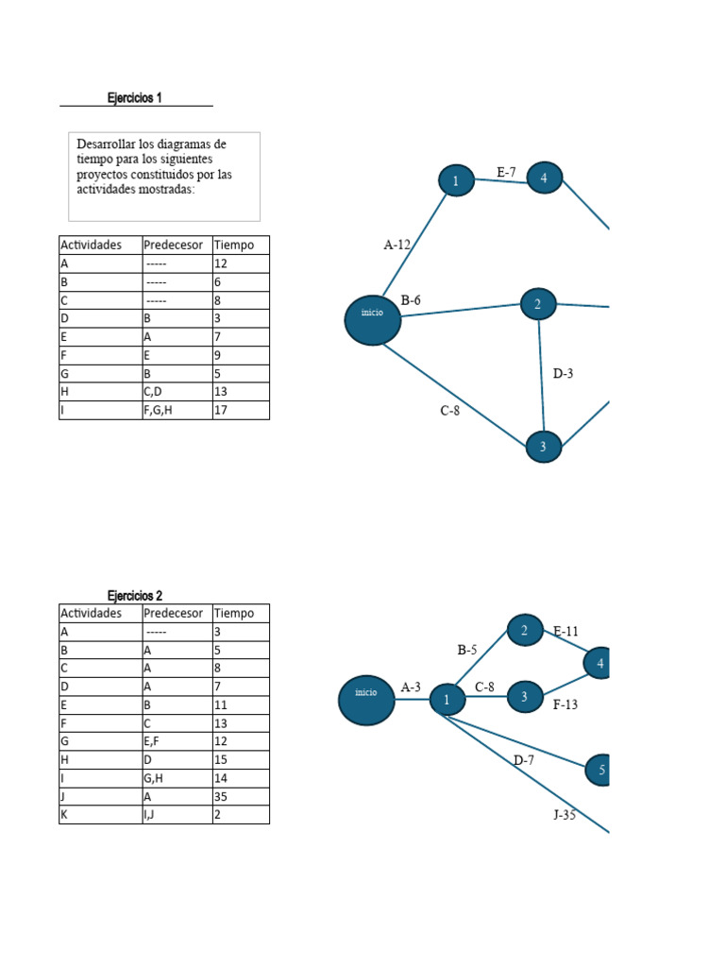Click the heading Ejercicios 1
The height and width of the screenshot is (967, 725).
(134, 97)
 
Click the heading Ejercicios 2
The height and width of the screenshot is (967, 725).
(134, 595)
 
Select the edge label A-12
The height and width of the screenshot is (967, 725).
(397, 245)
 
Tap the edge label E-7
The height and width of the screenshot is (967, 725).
(506, 172)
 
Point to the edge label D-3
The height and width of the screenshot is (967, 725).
(563, 373)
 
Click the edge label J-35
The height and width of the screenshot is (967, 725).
(565, 815)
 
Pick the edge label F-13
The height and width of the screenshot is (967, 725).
(565, 704)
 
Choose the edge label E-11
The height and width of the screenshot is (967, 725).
(566, 631)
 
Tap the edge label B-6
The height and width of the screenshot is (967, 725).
(411, 300)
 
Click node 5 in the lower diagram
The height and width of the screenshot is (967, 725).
(598, 770)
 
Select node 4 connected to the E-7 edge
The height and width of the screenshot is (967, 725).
(544, 178)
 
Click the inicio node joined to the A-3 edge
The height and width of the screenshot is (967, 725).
(366, 700)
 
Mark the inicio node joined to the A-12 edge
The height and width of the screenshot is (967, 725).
(372, 320)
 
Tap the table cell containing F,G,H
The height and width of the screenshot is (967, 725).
(177, 410)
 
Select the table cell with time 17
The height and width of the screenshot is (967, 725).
(241, 410)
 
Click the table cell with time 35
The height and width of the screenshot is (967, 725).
(241, 796)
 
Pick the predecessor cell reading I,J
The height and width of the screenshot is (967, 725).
(177, 815)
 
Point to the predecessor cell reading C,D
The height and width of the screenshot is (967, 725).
(177, 392)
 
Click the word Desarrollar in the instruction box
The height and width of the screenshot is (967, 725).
(106, 144)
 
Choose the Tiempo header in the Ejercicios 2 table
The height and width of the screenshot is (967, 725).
(234, 613)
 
